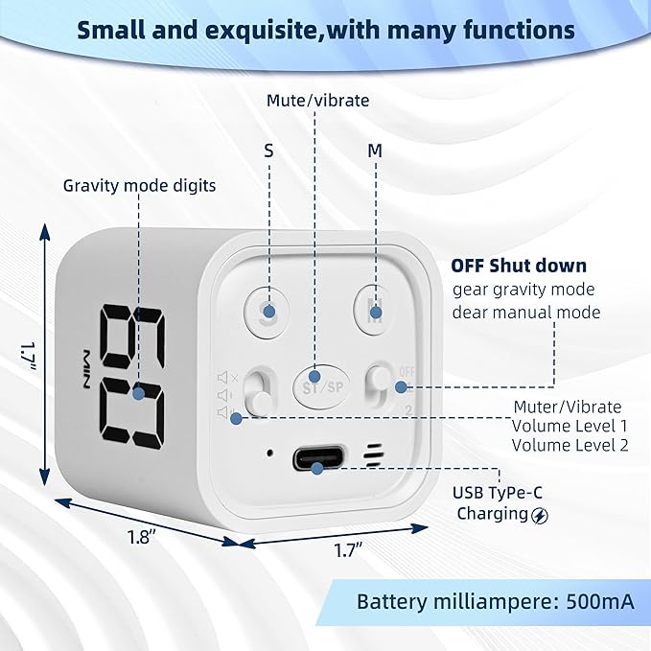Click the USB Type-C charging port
319,458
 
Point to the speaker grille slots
373,454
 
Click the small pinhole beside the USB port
269,453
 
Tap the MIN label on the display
84,369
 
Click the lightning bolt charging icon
540,515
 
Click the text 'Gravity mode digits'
140,186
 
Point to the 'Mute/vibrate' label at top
317,101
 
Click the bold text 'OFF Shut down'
519,266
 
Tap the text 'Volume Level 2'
570,445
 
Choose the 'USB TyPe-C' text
498,493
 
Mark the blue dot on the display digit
139,393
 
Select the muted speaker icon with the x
227,378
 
